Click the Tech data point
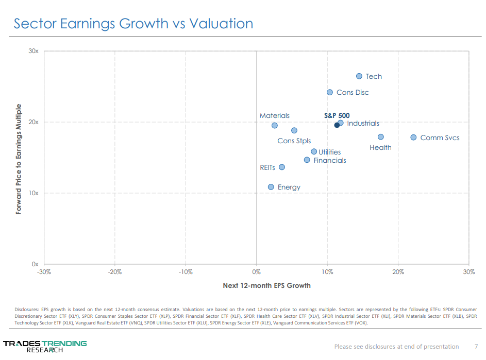click(359, 76)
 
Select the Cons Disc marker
click(330, 92)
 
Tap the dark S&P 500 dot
click(337, 125)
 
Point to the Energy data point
click(271, 187)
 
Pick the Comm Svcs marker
click(413, 138)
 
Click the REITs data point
click(282, 167)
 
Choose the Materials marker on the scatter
click(275, 125)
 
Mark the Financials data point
click(307, 160)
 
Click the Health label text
click(380, 148)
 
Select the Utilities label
click(330, 152)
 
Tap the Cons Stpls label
click(294, 141)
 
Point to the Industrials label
click(363, 124)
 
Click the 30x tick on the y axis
click(33, 52)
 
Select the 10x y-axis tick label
click(33, 193)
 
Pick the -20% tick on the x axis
click(114, 272)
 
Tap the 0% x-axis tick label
click(256, 272)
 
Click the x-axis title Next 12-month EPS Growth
click(266, 285)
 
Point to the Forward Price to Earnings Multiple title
click(19, 159)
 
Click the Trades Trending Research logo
click(45, 346)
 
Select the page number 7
click(476, 346)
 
